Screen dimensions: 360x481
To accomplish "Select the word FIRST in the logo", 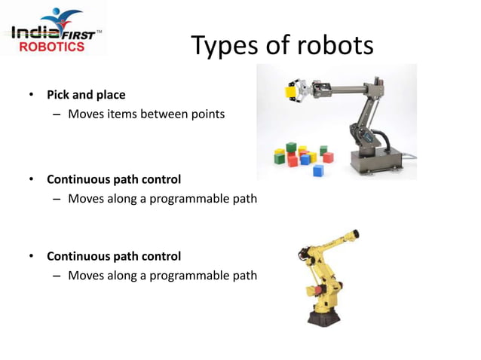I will click(x=77, y=33).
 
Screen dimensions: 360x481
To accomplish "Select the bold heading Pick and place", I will click(x=86, y=95).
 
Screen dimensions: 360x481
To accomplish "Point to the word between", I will click(x=166, y=114).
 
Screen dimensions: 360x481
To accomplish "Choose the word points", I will click(x=207, y=114).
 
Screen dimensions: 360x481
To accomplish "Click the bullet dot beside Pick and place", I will click(x=31, y=96).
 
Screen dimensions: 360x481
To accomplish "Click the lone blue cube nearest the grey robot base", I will click(x=317, y=171).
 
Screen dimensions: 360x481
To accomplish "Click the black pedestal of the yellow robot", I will click(x=324, y=314).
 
